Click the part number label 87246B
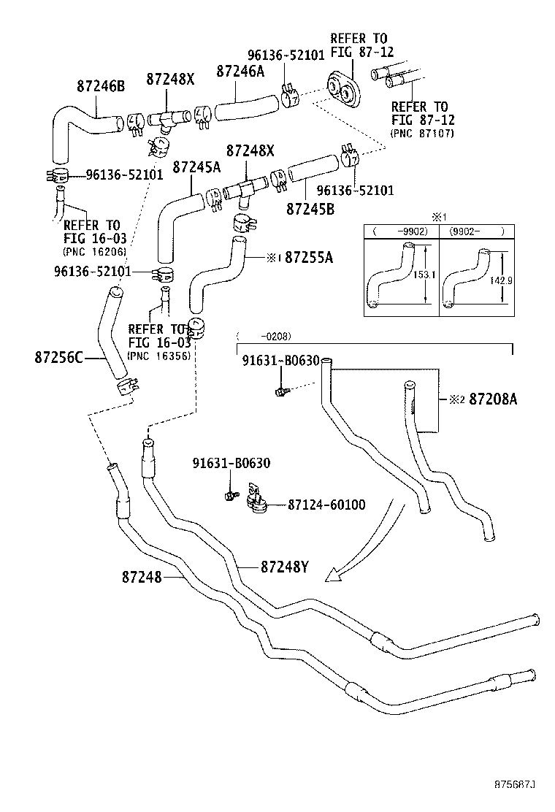[x=101, y=85]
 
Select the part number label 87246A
[x=240, y=70]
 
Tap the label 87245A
[x=196, y=167]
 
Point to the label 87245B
[x=310, y=208]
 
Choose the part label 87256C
[x=58, y=358]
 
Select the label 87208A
[x=493, y=399]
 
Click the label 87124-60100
[x=326, y=505]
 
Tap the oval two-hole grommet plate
[x=342, y=90]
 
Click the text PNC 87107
[x=422, y=134]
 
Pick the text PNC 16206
[x=94, y=251]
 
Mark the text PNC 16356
[x=158, y=356]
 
